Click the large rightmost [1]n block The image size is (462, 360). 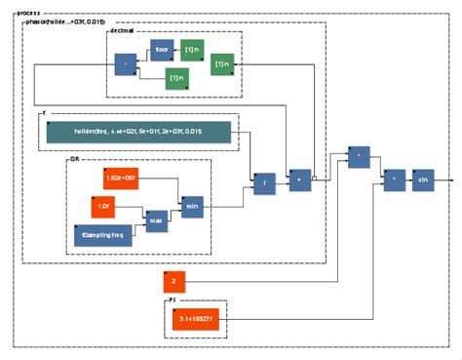[222, 64]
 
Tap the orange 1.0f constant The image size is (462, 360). [103, 207]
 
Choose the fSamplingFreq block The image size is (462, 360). [103, 236]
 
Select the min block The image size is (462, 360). [192, 207]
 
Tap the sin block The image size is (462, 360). [423, 181]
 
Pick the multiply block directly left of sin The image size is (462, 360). [394, 181]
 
